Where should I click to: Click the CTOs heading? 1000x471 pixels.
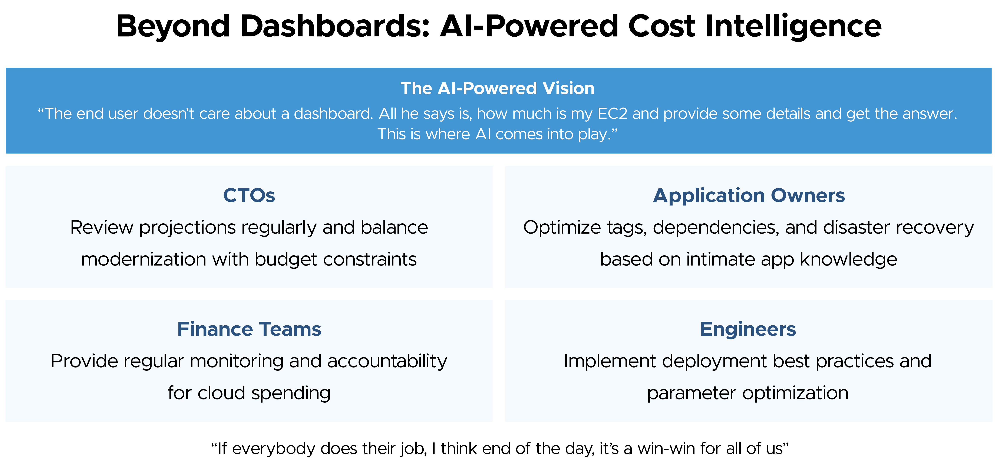(249, 195)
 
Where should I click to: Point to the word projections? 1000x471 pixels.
(187, 228)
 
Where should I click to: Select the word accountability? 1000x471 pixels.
(387, 362)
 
